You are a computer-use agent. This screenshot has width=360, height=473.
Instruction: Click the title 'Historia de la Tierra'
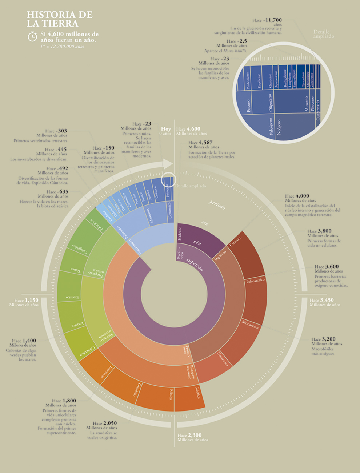[x=60, y=19]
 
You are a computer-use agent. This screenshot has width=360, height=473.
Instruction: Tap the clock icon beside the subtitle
[x=32, y=36]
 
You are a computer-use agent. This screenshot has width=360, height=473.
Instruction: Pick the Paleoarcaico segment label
[x=255, y=281]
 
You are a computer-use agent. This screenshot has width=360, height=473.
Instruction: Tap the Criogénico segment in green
[x=78, y=247]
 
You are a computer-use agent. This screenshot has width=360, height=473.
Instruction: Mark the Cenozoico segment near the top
[x=170, y=210]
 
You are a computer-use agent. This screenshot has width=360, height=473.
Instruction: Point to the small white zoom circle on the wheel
[x=168, y=180]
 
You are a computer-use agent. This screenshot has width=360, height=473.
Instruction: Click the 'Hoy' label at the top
[x=166, y=129]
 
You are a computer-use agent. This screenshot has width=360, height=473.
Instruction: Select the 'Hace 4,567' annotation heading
[x=200, y=143]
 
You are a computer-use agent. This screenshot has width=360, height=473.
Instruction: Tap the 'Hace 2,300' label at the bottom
[x=189, y=435]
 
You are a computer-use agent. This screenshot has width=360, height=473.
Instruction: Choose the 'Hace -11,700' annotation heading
[x=267, y=20]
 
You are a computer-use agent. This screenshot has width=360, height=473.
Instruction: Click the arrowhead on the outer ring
[x=168, y=164]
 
